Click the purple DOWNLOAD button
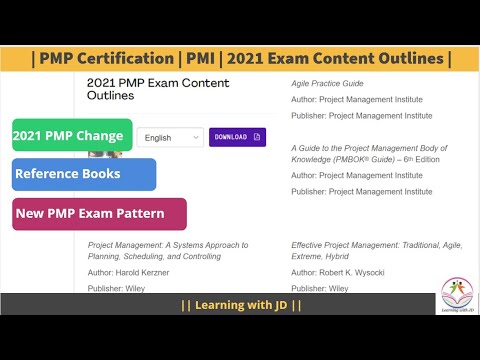(237, 136)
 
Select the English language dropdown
(170, 137)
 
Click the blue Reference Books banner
(84, 174)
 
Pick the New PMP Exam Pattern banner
(99, 213)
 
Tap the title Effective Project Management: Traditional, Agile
(364, 243)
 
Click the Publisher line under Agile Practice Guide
(356, 115)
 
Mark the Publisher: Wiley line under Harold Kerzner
(118, 287)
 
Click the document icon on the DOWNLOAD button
(256, 136)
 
